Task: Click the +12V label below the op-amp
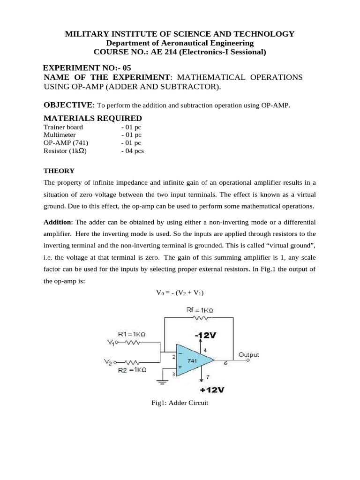(x=211, y=390)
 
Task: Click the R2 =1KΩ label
(x=132, y=370)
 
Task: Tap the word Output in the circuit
(x=248, y=355)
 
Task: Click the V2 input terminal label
(x=107, y=362)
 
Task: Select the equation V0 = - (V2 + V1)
(x=180, y=293)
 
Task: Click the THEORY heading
(x=59, y=171)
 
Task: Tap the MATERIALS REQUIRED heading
(x=93, y=118)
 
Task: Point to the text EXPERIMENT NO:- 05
(x=84, y=67)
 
